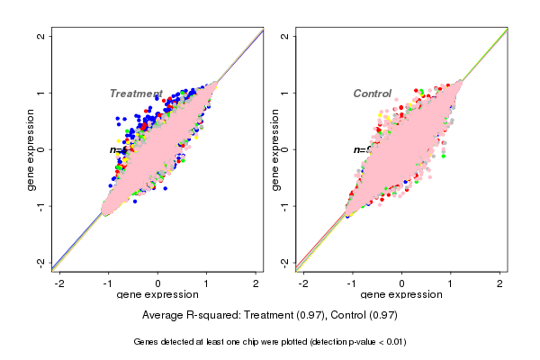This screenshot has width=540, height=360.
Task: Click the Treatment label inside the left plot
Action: (x=136, y=94)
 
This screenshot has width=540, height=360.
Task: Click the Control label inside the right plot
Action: (x=372, y=94)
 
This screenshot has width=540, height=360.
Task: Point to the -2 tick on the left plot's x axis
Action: (x=60, y=283)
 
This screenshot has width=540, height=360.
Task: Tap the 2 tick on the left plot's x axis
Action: (x=256, y=283)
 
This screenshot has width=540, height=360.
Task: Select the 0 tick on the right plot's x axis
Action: (x=402, y=283)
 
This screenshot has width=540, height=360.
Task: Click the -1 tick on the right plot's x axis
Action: (x=353, y=283)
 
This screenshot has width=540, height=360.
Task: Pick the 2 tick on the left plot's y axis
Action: (x=41, y=37)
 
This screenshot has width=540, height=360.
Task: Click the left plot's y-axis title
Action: (x=31, y=149)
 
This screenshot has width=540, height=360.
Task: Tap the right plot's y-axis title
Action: (x=275, y=149)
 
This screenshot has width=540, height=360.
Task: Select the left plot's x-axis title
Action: (x=158, y=295)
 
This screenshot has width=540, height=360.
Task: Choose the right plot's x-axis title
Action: (x=402, y=295)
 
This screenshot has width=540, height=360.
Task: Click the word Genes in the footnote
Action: (x=147, y=342)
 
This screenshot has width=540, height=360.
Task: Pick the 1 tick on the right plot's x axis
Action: (x=452, y=283)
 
